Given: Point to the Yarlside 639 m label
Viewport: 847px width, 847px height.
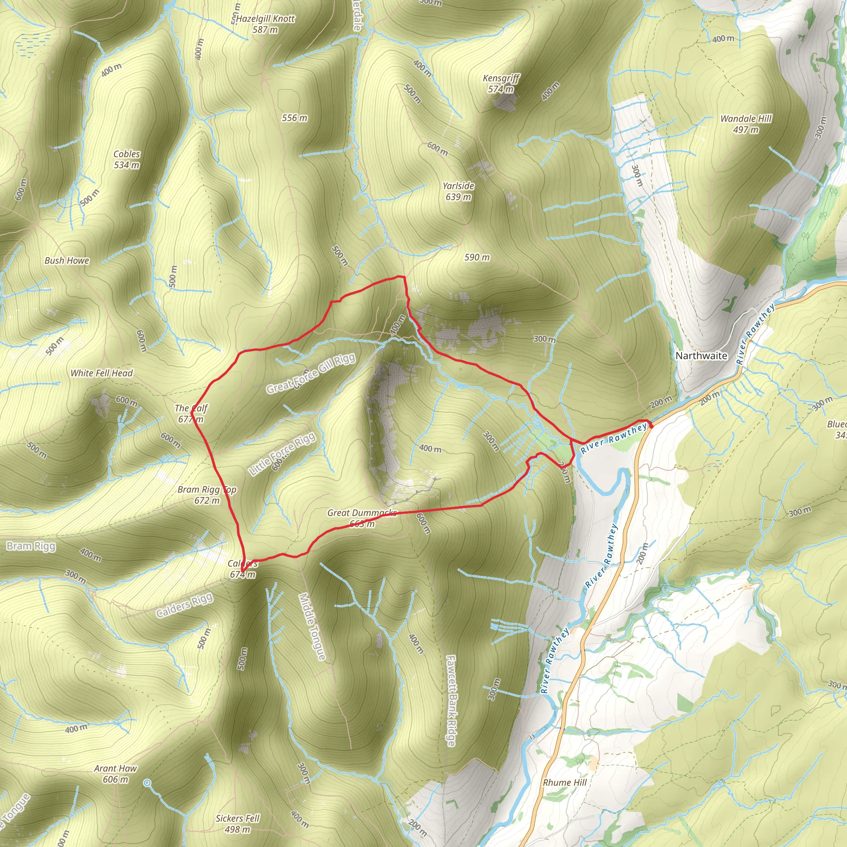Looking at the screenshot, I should click(x=458, y=191).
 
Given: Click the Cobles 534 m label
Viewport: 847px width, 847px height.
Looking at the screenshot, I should click(x=127, y=159).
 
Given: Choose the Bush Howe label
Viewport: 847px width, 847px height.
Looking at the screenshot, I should click(x=67, y=261).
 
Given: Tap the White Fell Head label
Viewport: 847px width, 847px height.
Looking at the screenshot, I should click(x=102, y=373).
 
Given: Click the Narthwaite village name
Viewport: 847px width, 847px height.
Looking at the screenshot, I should click(x=701, y=356).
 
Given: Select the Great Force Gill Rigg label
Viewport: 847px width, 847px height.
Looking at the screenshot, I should click(x=311, y=374).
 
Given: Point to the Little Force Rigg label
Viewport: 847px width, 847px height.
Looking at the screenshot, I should click(x=282, y=454).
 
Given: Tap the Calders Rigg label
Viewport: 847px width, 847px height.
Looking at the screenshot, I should click(x=184, y=605).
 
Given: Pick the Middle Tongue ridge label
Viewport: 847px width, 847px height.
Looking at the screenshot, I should click(x=312, y=627).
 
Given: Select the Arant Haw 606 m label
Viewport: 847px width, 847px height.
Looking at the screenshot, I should click(x=115, y=774).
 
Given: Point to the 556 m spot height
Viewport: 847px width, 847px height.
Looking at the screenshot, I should click(x=294, y=118).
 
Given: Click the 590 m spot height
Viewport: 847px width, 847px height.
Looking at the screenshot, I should click(x=477, y=257).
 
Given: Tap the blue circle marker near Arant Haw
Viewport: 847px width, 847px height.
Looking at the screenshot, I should click(x=147, y=782).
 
